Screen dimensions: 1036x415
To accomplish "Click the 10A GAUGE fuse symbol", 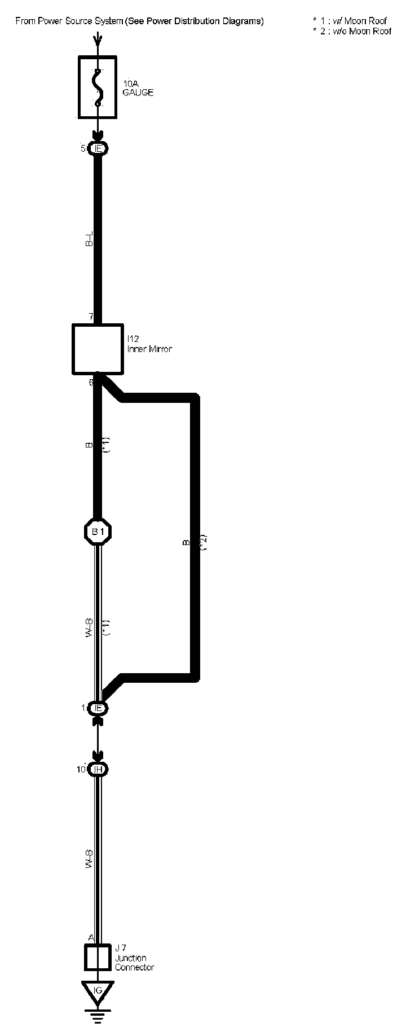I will [98, 87].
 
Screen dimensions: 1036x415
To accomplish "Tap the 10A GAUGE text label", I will [138, 88].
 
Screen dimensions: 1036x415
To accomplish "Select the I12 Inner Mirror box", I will [98, 349].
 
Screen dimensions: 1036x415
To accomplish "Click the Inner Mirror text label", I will [149, 349].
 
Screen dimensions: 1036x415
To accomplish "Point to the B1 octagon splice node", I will [98, 531].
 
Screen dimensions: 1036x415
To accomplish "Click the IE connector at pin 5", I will [98, 149].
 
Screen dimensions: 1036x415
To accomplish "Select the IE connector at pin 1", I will [98, 708].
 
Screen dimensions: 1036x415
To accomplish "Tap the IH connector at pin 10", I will [98, 769].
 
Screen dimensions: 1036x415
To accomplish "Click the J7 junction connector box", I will [98, 958].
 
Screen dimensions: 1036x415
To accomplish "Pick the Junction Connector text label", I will [134, 963].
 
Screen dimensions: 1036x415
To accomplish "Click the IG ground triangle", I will [98, 990].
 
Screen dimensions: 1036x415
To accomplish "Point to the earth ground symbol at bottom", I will [98, 1014].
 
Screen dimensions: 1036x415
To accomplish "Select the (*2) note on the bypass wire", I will [204, 542].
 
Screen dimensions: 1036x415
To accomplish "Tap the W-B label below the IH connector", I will [89, 858].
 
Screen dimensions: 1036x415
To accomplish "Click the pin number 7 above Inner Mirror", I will [91, 317].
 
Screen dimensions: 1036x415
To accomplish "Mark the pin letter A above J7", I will [90, 937].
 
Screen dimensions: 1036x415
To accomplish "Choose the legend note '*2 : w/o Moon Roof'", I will [352, 31].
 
